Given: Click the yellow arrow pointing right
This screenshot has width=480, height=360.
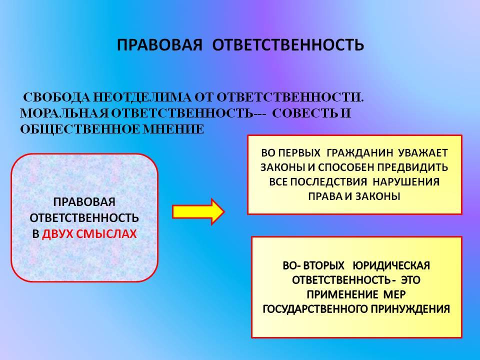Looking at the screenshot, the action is click(x=198, y=211).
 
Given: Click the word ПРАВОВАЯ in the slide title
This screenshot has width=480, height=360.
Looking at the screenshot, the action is click(x=159, y=45).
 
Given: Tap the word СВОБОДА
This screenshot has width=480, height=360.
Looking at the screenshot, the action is click(x=57, y=97).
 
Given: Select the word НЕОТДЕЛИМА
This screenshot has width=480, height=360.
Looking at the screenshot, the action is click(x=142, y=97).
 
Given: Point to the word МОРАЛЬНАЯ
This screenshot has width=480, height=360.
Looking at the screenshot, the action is click(x=64, y=113).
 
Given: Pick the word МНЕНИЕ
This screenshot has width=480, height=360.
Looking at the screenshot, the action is click(x=173, y=129).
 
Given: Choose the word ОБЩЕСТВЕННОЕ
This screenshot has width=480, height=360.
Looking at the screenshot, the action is click(x=80, y=129).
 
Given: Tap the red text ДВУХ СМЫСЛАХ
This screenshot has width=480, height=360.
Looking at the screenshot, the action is click(x=89, y=234).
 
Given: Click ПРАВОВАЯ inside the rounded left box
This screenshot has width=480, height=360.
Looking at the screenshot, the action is click(x=84, y=202).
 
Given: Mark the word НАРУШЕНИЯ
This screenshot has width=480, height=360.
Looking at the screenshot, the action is click(x=406, y=182).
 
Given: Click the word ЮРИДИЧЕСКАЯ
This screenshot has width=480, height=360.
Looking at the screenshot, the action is click(x=391, y=265).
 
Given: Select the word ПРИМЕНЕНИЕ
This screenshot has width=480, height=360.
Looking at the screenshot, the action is click(x=342, y=294).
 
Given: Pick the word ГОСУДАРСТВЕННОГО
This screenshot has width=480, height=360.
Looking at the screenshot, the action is click(x=315, y=309).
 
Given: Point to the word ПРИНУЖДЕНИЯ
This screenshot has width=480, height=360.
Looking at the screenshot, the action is click(x=410, y=309).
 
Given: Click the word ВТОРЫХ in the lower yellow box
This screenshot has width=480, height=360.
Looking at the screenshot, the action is click(x=323, y=265).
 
